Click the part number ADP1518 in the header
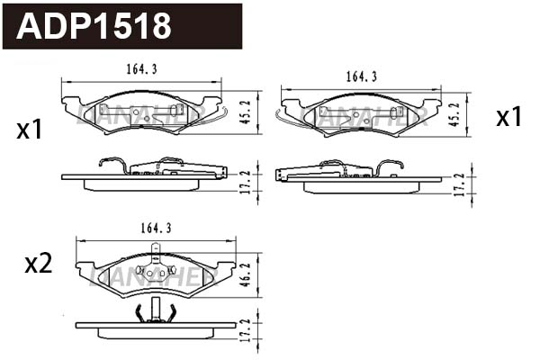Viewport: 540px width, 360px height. pyautogui.click(x=94, y=27)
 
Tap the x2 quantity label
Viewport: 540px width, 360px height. pyautogui.click(x=38, y=264)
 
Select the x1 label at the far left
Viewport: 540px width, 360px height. pyautogui.click(x=30, y=130)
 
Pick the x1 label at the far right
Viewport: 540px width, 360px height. pyautogui.click(x=509, y=117)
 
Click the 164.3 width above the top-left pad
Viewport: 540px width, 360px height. pyautogui.click(x=140, y=67)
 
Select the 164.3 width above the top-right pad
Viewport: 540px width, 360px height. pyautogui.click(x=361, y=76)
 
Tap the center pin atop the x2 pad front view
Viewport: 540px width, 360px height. pyautogui.click(x=157, y=253)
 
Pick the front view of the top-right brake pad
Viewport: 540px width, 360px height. pyautogui.click(x=361, y=115)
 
